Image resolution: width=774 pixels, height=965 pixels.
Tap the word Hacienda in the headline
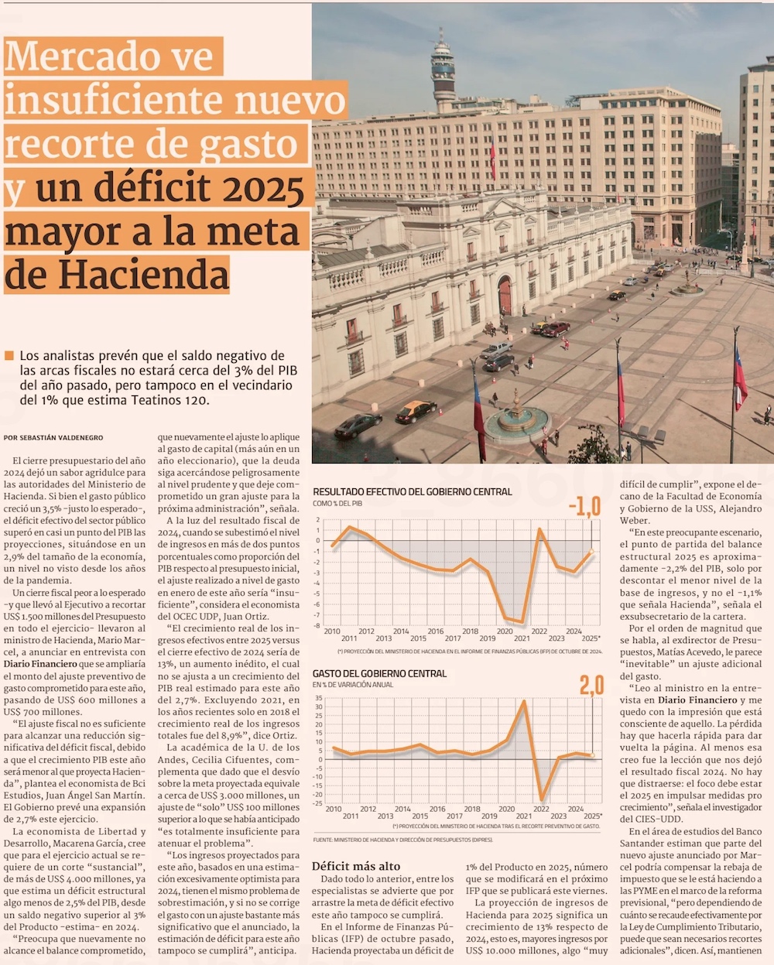[x=144, y=274]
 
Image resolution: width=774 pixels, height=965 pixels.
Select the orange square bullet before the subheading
[x=9, y=356]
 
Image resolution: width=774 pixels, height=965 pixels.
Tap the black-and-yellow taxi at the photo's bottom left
[x=416, y=411]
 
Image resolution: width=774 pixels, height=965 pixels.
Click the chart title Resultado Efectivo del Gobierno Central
[x=412, y=491]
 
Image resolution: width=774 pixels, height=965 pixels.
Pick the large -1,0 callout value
[x=584, y=507]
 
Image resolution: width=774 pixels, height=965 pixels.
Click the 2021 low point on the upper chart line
[x=522, y=621]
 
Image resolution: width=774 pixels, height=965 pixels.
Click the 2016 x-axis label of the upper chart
[x=435, y=631]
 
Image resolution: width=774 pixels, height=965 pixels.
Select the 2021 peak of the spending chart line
[x=524, y=702]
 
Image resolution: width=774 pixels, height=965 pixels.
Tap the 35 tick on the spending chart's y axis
[x=318, y=698]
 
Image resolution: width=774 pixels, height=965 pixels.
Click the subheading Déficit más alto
[x=356, y=866]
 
